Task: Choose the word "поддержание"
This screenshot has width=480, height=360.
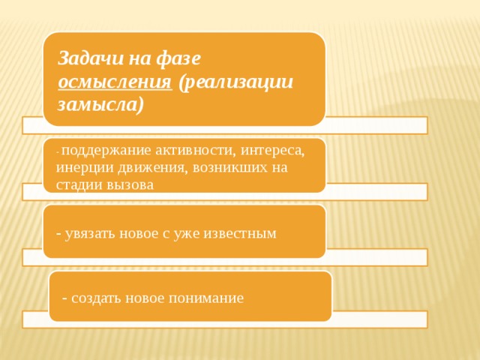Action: (102, 150)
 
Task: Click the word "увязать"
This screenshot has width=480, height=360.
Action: (89, 233)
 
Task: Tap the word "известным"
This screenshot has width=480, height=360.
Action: (242, 233)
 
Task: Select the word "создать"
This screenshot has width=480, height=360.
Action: (97, 298)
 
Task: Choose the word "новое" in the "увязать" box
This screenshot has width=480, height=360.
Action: (136, 233)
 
